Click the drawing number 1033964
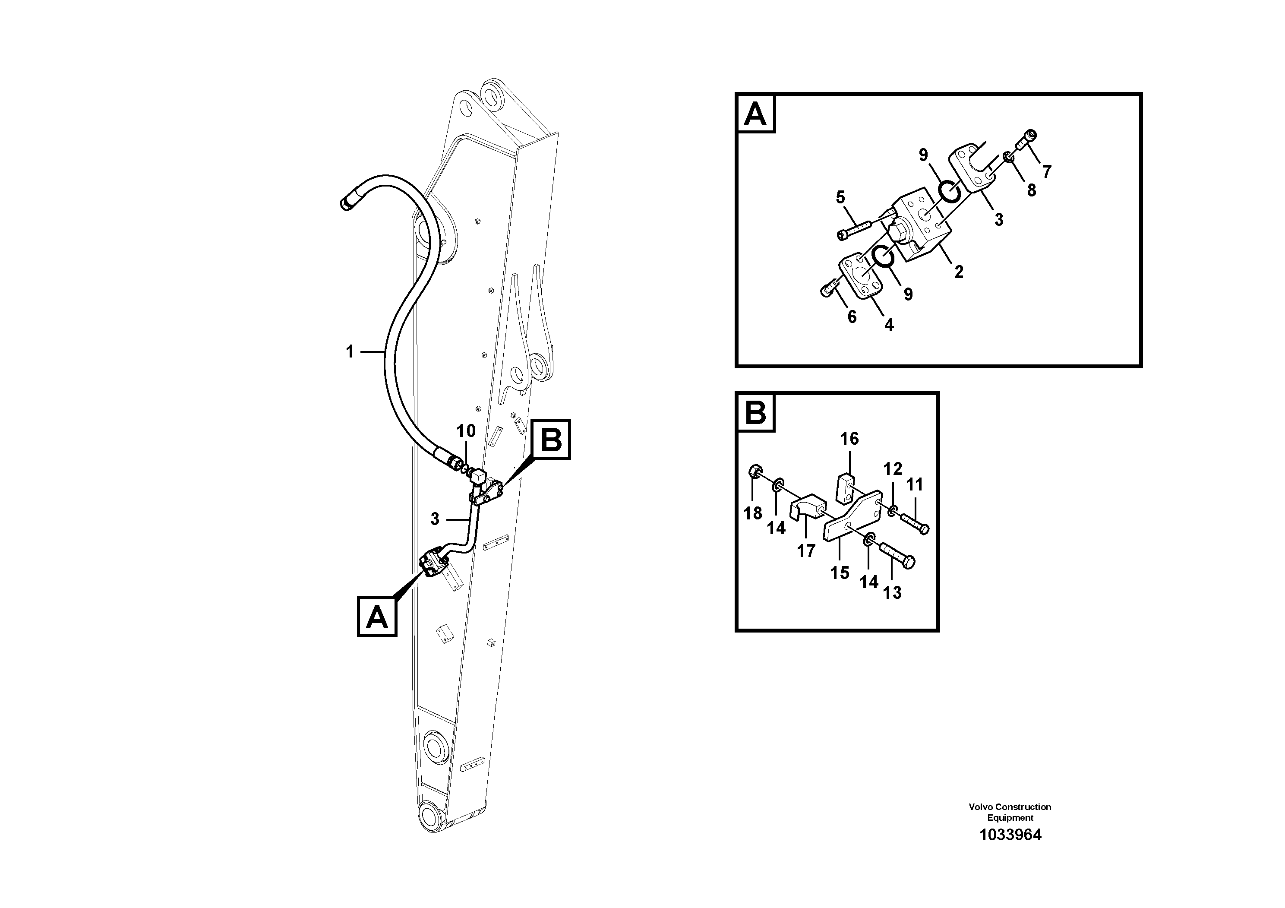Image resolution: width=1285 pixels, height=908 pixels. pos(1010,835)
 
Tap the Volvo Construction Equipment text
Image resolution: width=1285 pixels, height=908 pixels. pos(1010,812)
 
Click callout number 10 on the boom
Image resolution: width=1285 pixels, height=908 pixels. pos(466,430)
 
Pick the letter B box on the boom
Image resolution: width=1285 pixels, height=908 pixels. pos(551,440)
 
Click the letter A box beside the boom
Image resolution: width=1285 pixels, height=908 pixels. pos(377,617)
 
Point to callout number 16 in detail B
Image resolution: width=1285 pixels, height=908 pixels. pos(849,438)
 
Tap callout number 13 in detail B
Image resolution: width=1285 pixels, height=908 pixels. pos(892,592)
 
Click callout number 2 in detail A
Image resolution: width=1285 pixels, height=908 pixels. pos(958,272)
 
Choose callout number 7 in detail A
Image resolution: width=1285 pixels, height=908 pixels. pos(1046,171)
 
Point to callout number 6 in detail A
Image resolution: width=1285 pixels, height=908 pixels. pos(852,317)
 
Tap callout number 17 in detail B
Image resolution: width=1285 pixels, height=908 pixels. pos(806,551)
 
